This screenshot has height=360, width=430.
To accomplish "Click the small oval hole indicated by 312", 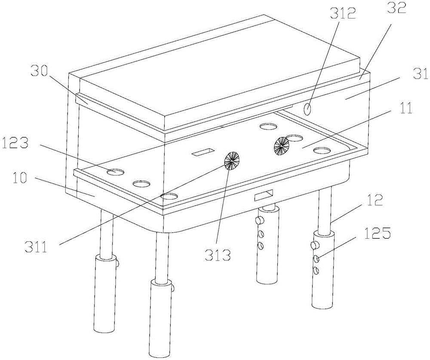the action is point(307,110).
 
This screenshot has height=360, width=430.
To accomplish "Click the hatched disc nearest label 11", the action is point(281,145).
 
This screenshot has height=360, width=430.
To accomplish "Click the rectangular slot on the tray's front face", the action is point(264,195).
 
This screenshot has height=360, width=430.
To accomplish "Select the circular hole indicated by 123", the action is point(115,172).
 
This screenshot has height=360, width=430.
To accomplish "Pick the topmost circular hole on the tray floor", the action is point(269,126).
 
